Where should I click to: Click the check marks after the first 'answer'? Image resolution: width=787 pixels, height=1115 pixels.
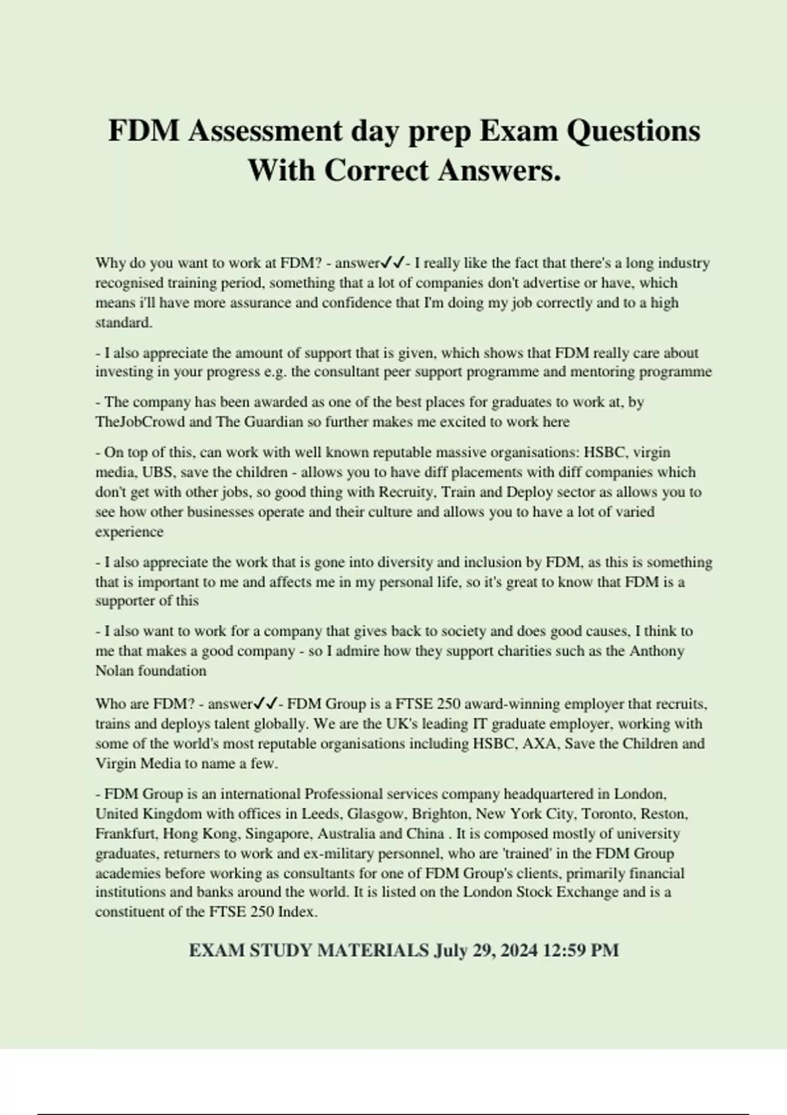pyautogui.click(x=393, y=263)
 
